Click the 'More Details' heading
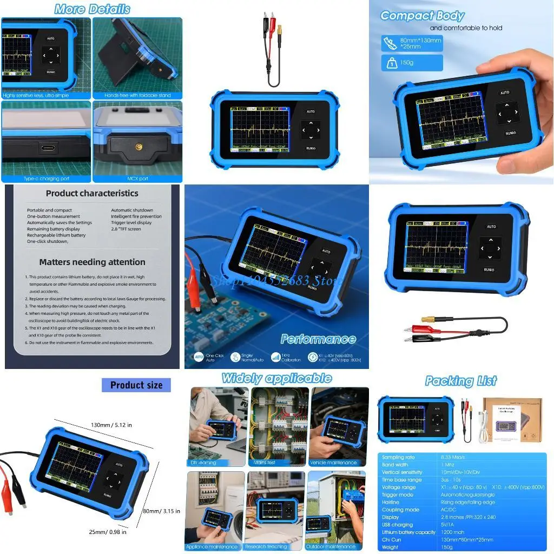click(92, 9)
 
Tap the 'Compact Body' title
click(422, 16)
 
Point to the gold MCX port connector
click(138, 147)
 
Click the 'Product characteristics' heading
click(92, 193)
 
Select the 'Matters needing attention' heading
click(92, 262)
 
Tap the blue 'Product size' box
click(136, 385)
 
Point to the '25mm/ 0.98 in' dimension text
click(108, 532)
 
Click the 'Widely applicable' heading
click(276, 378)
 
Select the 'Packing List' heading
click(460, 381)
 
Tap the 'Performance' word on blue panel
click(318, 339)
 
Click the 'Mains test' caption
click(265, 463)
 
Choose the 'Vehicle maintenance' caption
click(333, 463)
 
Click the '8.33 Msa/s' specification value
click(453, 457)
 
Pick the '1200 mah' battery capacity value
click(453, 532)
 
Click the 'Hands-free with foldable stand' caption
click(137, 95)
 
